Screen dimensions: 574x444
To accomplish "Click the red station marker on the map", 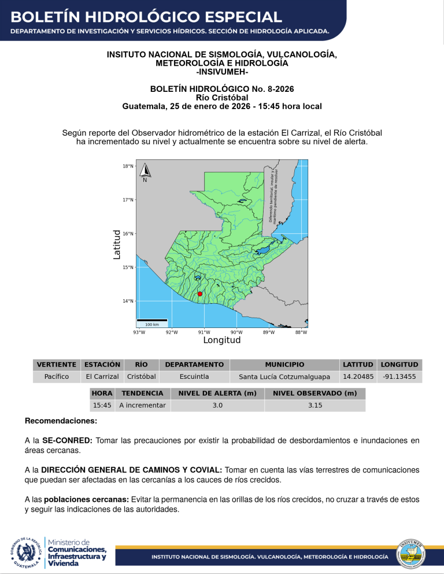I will point(199,294).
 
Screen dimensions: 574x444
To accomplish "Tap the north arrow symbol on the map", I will point(145,172).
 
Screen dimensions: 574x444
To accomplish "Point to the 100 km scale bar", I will point(152,320).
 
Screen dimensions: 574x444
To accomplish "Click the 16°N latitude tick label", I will point(128,234).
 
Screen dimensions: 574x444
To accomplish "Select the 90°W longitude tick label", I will point(236,332).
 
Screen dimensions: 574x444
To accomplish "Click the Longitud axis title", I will point(222,340).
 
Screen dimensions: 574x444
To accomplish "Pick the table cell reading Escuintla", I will point(194,377).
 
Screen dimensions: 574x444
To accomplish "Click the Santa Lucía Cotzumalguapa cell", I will point(284,377).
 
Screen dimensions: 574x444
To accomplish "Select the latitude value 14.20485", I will point(357,377).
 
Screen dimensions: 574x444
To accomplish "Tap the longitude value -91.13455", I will point(399,377).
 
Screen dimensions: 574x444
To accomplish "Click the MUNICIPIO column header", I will point(284,364).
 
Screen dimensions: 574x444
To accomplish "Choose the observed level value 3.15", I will point(315,405).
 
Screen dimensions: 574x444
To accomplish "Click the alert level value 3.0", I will point(217,405).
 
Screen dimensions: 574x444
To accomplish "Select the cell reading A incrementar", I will point(142,405).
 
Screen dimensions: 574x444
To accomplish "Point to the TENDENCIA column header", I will point(142,393).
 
